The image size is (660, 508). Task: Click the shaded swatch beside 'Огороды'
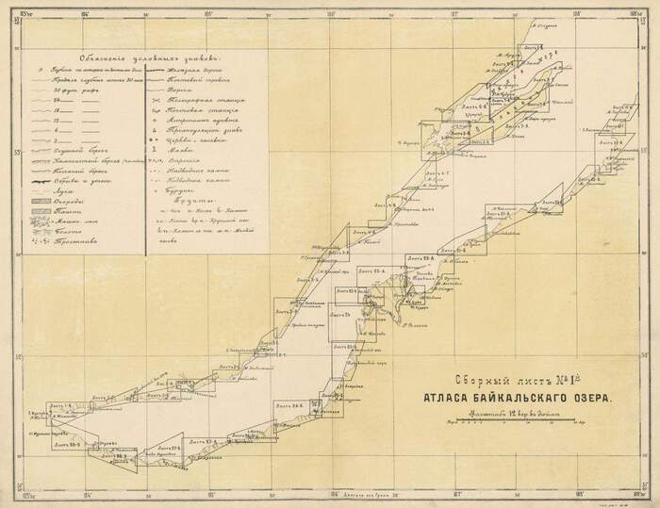43,201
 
